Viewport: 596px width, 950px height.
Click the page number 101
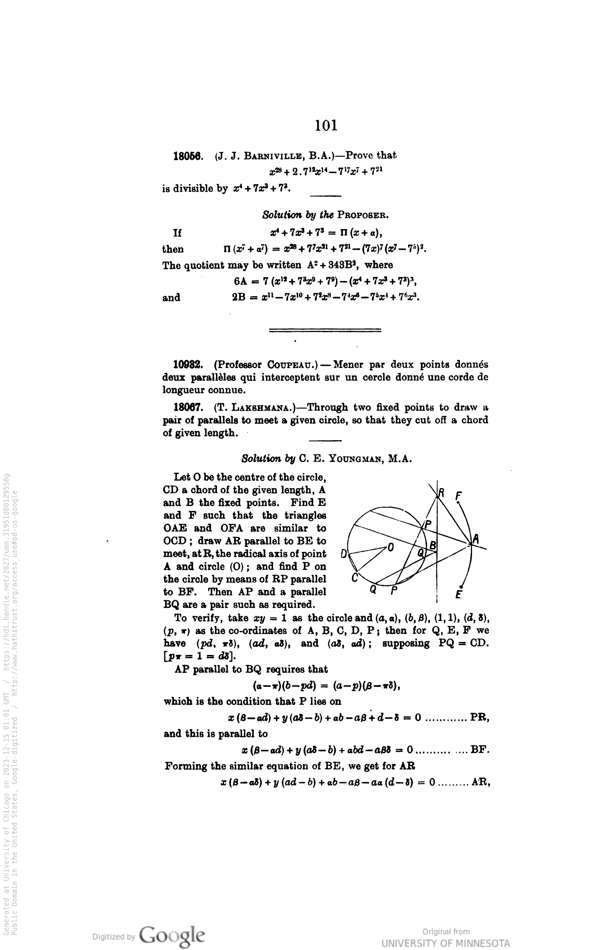tap(325, 126)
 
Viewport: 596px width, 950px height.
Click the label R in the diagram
tap(442, 493)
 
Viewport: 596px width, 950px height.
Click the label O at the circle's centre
tap(391, 547)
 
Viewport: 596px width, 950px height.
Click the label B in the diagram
tap(433, 545)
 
